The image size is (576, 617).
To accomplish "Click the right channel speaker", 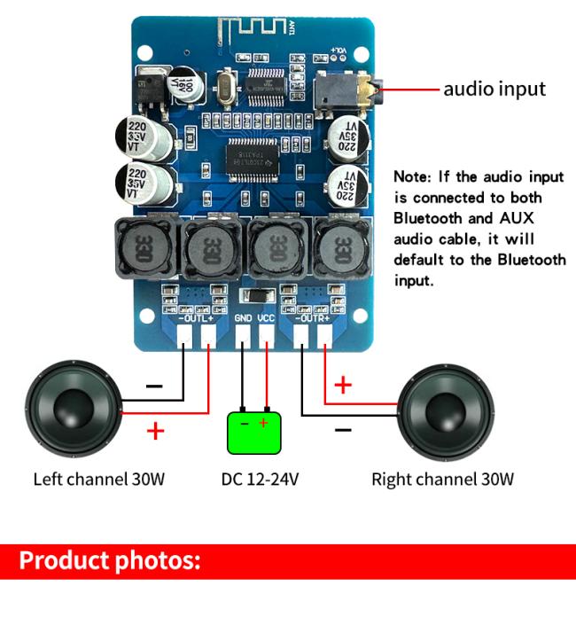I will point(443,410).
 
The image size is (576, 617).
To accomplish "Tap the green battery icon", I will point(254,432).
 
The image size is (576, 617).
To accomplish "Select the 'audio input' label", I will point(494,89).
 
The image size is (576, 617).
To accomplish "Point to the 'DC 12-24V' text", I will point(260,480).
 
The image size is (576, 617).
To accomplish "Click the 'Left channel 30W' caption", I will point(99,480).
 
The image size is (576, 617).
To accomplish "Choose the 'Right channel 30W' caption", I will point(442,480).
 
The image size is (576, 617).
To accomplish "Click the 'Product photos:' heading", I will point(110,561).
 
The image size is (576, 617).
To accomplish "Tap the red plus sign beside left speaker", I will point(156,432).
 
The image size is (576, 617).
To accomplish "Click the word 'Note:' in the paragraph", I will point(414,176).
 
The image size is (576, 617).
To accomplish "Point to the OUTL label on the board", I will point(196,316).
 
